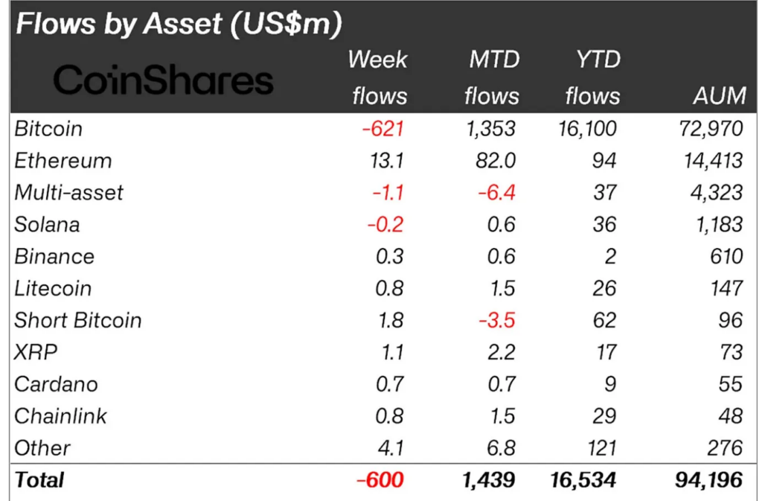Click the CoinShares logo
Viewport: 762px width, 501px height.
(163, 80)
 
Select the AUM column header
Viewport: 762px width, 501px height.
(718, 96)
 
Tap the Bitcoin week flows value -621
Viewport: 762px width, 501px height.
(382, 129)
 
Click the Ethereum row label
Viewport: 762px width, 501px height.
(63, 161)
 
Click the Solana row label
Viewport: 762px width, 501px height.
(47, 225)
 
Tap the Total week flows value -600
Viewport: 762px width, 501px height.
(380, 480)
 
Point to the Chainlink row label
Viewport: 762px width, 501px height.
(61, 416)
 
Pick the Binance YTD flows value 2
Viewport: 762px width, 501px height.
(609, 257)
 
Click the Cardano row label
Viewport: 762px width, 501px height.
(56, 384)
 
